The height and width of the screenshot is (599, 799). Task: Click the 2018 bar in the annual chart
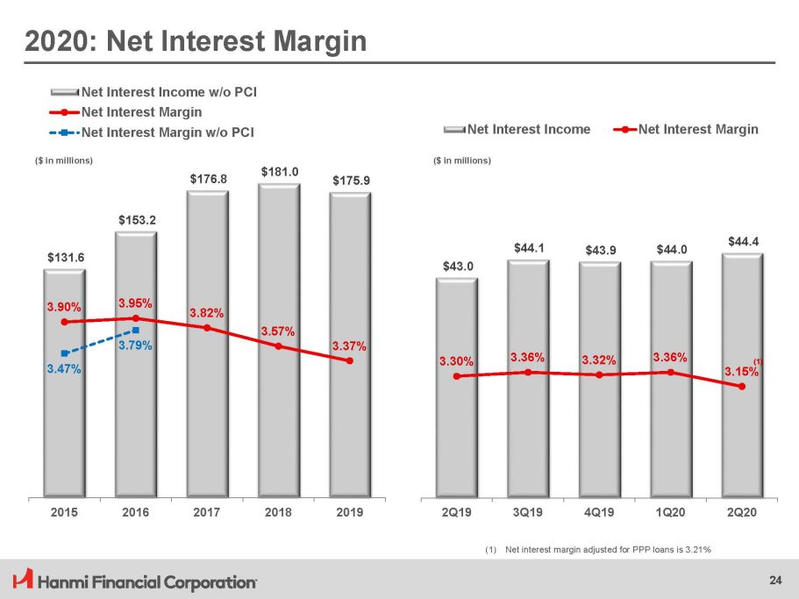click(x=278, y=412)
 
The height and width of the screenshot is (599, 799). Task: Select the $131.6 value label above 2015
click(x=64, y=257)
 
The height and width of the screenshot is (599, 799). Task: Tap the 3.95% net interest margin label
click(x=136, y=303)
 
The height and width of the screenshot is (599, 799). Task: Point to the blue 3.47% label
click(x=64, y=371)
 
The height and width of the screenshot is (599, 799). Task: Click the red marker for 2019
click(x=350, y=360)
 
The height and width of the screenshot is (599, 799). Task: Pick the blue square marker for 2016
click(x=136, y=330)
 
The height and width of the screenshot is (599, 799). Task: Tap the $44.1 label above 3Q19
click(x=528, y=248)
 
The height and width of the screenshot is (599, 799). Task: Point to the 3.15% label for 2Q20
click(x=742, y=372)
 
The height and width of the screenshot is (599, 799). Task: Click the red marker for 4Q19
click(x=599, y=375)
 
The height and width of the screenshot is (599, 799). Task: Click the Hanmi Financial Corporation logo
click(x=136, y=581)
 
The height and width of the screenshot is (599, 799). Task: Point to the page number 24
click(x=774, y=579)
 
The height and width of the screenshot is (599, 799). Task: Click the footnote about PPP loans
click(x=596, y=550)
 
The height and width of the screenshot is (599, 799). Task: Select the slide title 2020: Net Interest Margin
click(x=195, y=39)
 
